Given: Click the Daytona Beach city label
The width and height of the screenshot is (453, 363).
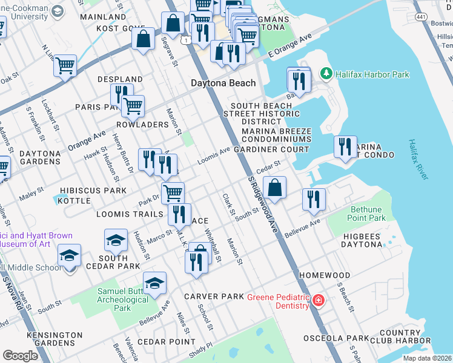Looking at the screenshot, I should pos(223,83).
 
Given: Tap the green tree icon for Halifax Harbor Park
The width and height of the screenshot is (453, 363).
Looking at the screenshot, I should pos(326,74).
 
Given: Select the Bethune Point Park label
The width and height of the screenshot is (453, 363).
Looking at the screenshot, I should pos(366,214).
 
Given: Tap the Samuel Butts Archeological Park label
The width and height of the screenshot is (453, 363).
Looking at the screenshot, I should pos(122,299).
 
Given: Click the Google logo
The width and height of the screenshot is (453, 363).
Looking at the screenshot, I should pos(20,355).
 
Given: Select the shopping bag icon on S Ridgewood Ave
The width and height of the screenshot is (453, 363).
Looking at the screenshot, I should pos(275,188).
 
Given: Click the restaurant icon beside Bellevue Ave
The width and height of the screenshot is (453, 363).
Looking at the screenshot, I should pos(314,200).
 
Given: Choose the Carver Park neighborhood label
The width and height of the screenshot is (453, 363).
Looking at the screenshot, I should pos(214,296).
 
